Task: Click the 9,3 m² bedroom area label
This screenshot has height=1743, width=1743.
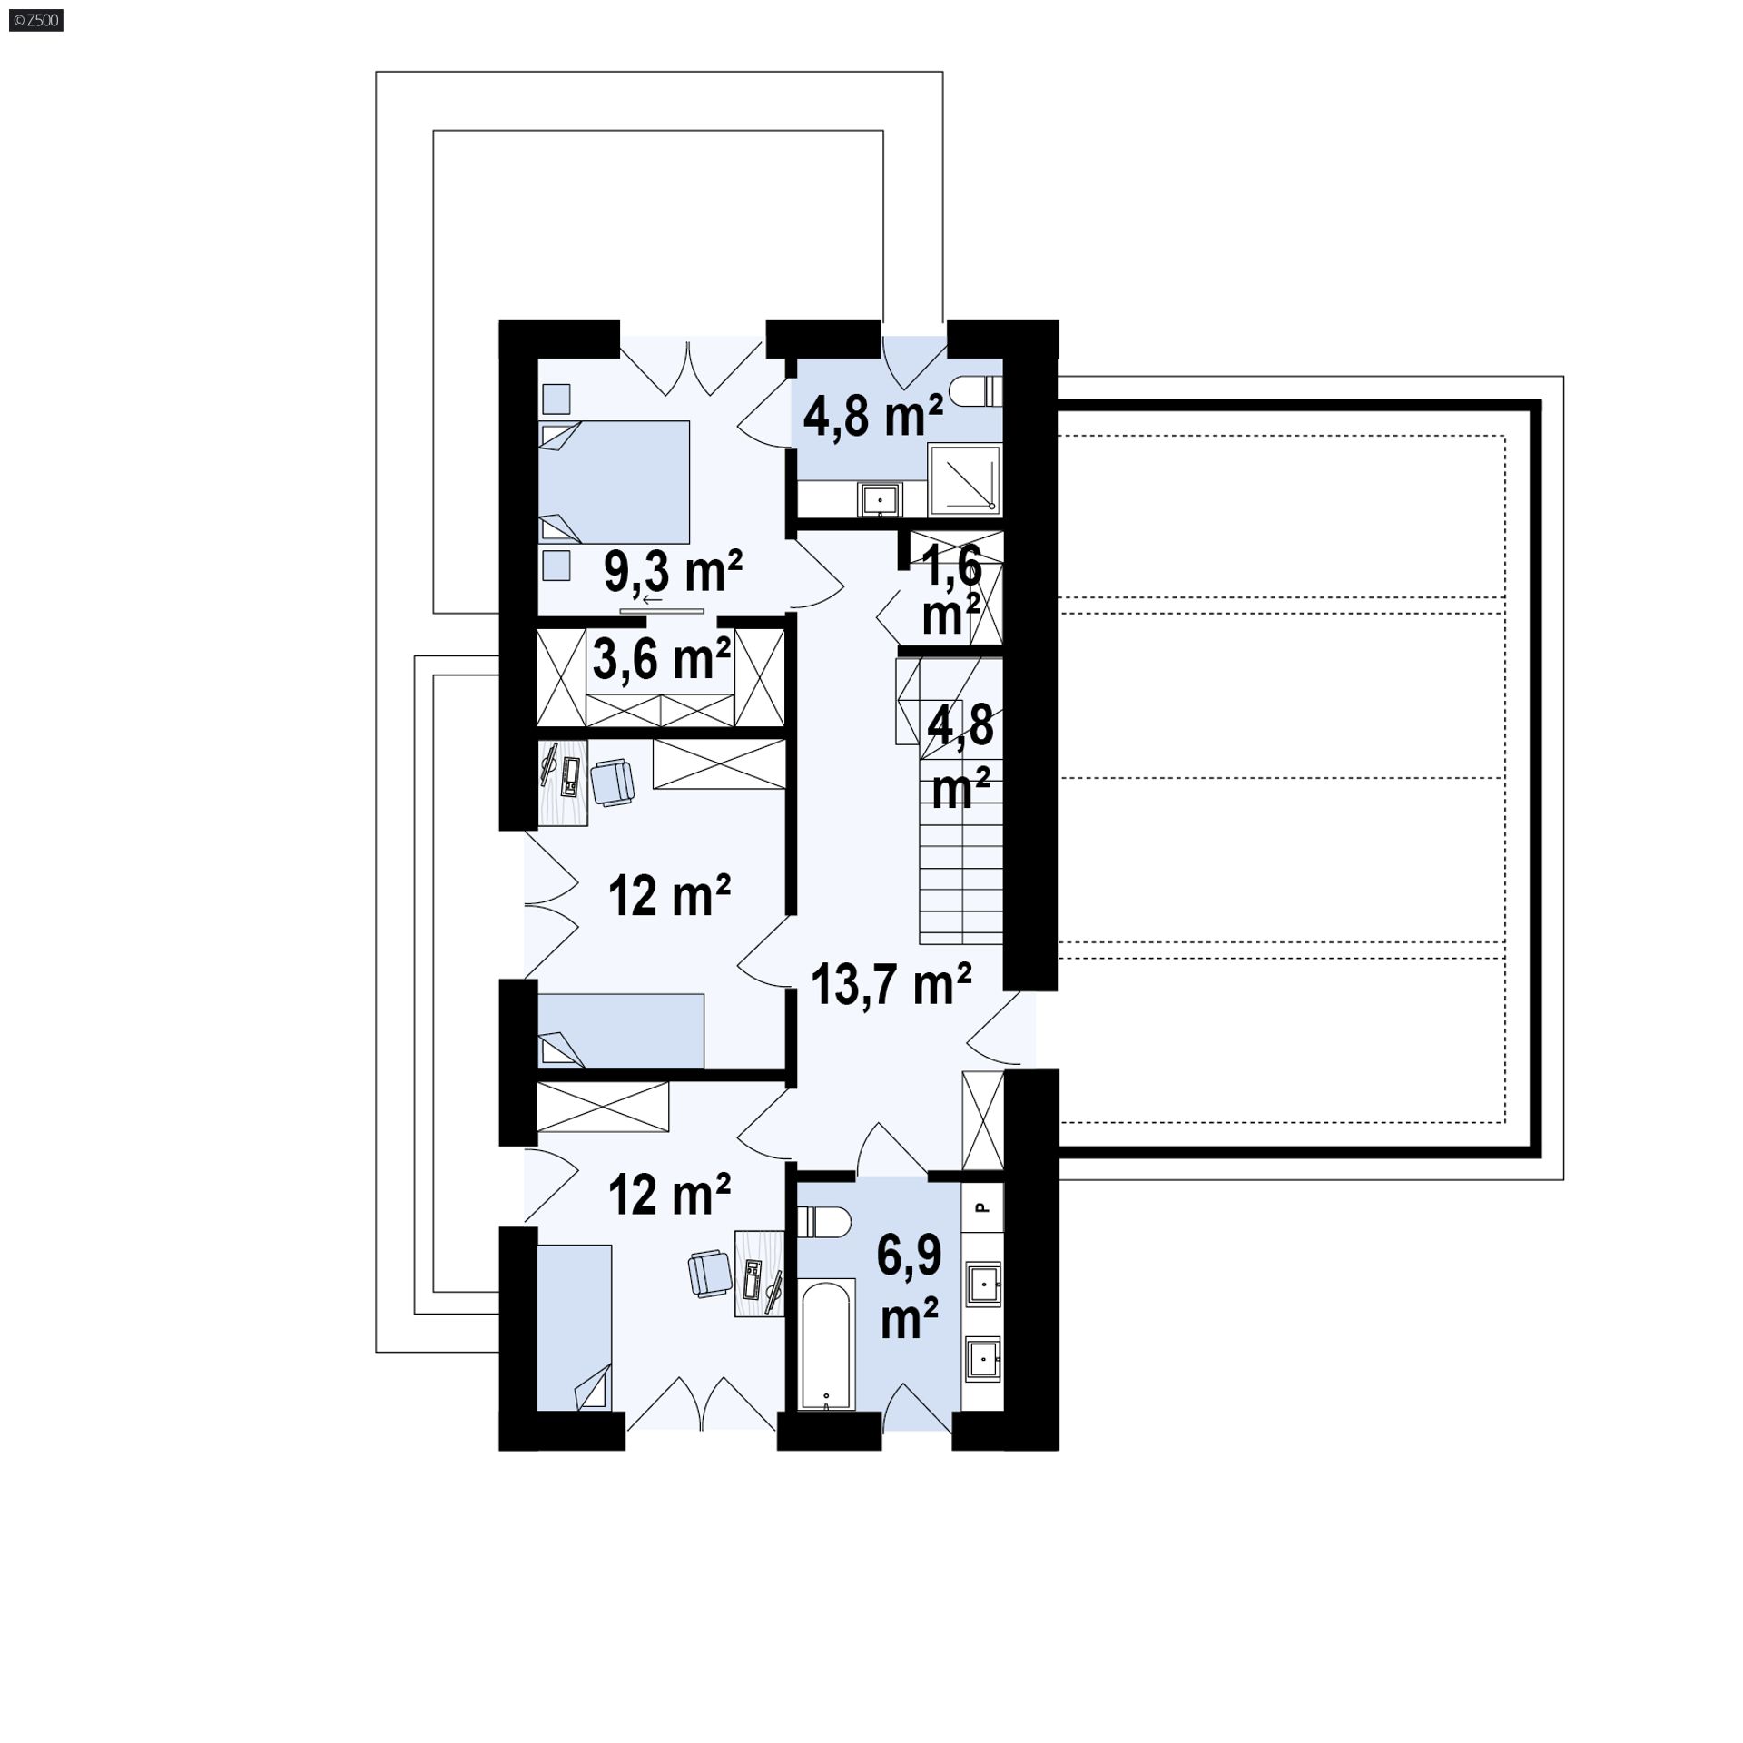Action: (673, 571)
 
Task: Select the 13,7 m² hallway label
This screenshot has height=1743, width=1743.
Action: (891, 984)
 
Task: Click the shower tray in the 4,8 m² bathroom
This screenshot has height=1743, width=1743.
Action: (965, 478)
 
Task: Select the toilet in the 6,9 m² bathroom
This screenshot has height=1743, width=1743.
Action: (823, 1221)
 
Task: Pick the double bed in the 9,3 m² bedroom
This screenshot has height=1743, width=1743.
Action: (615, 482)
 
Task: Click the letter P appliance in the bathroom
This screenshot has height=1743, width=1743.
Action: (981, 1207)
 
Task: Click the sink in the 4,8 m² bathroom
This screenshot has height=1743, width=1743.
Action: (880, 499)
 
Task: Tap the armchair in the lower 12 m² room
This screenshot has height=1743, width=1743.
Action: (710, 1272)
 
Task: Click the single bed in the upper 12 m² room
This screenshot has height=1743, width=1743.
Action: (621, 1030)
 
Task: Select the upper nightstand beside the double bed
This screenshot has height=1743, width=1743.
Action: (556, 399)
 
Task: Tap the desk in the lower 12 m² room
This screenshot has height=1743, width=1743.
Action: (759, 1273)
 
